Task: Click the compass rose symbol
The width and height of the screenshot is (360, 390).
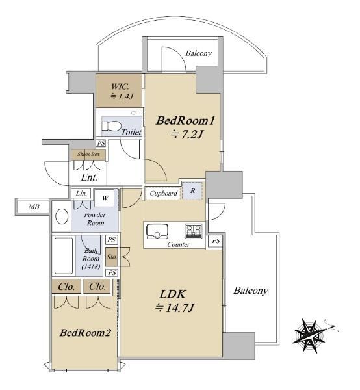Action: click(309, 336)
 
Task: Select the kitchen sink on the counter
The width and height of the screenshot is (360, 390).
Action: click(157, 231)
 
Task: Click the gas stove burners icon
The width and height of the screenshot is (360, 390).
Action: click(194, 231)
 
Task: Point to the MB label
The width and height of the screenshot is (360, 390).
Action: click(34, 207)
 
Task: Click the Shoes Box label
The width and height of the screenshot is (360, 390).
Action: click(88, 154)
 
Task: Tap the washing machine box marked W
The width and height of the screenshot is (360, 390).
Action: click(105, 198)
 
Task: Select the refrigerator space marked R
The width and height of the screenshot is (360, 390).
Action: click(192, 190)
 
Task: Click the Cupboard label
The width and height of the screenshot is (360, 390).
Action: click(164, 193)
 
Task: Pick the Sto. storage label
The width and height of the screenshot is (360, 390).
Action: click(112, 257)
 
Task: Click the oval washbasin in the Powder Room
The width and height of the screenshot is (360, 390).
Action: click(62, 216)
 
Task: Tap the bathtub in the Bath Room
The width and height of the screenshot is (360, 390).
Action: click(64, 256)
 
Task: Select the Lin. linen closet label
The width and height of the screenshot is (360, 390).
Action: click(81, 193)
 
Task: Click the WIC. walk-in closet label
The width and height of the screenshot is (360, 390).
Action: click(120, 87)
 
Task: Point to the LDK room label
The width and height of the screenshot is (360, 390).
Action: click(173, 294)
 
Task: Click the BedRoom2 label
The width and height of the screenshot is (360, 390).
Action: click(85, 333)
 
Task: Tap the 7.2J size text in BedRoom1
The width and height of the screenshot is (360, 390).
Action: click(186, 135)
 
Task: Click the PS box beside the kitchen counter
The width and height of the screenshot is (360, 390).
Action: click(216, 241)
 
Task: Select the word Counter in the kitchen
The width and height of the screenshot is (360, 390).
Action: click(178, 245)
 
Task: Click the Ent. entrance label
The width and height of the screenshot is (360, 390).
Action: click(89, 177)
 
